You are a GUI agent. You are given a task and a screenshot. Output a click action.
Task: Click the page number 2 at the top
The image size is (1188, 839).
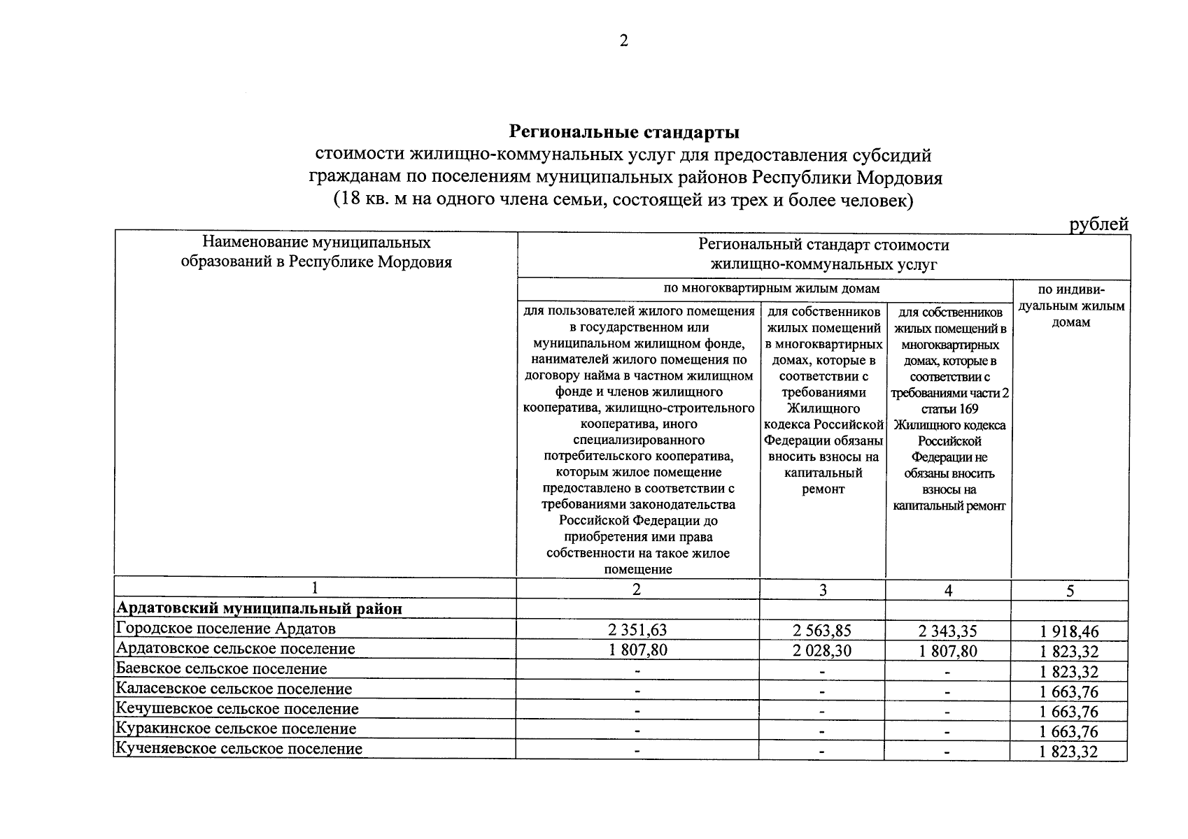(x=623, y=41)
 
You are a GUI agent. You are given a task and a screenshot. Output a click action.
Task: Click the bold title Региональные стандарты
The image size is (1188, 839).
(x=623, y=131)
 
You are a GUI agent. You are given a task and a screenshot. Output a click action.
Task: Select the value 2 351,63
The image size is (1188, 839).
(x=637, y=630)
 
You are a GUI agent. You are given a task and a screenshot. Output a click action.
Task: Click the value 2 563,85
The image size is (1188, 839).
(x=822, y=630)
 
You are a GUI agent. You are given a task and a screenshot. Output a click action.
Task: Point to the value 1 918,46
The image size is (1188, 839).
(x=1069, y=632)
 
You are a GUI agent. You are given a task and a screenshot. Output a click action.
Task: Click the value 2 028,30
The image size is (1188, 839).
(x=822, y=650)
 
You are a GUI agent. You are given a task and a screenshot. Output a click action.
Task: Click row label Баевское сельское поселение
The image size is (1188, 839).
(x=221, y=668)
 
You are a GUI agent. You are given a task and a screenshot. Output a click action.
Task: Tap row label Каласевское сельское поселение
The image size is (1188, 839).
(x=234, y=689)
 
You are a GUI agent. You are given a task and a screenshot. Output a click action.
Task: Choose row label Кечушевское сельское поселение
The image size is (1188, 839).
(x=237, y=709)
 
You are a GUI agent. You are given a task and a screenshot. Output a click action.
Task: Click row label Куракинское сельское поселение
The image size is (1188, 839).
(x=236, y=729)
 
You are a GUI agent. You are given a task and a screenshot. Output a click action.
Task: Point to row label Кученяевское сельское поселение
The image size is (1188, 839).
(x=239, y=749)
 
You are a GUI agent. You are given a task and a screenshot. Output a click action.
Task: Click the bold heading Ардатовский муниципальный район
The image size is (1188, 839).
(x=259, y=608)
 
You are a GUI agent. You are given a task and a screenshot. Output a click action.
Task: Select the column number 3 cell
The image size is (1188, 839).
(x=822, y=590)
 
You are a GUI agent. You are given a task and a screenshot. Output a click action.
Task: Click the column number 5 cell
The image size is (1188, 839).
(x=1070, y=591)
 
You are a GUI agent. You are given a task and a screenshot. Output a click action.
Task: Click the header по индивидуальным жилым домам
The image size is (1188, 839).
(x=1070, y=306)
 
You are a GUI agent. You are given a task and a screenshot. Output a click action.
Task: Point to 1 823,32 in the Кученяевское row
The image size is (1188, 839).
(x=1069, y=752)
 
